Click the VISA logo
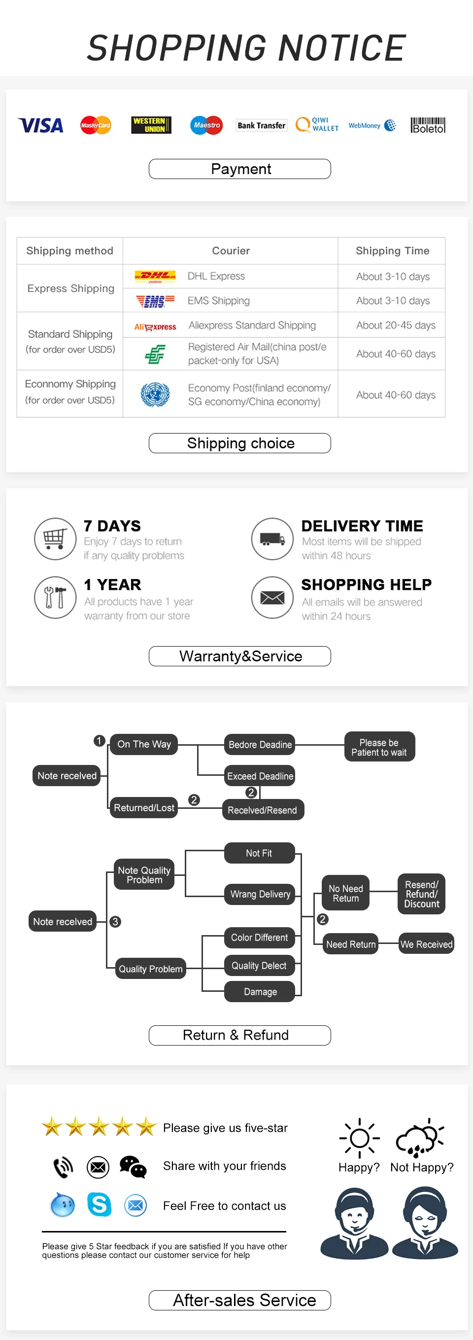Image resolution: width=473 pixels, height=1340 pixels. (x=40, y=125)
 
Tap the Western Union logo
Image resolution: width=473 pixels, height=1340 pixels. (x=151, y=125)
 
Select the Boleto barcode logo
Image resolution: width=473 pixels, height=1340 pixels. (x=428, y=125)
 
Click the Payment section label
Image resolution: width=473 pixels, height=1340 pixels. (x=239, y=169)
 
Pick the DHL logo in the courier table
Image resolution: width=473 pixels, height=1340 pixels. (x=154, y=276)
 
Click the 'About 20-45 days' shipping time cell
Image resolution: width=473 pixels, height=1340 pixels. (x=395, y=325)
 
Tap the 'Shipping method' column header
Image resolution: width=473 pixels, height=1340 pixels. (x=69, y=251)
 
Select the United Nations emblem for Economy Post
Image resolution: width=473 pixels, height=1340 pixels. (x=155, y=394)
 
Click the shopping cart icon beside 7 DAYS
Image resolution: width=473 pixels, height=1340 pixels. (x=55, y=539)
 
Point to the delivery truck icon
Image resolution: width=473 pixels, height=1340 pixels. (x=272, y=539)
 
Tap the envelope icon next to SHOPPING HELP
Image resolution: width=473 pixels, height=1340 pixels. (x=272, y=598)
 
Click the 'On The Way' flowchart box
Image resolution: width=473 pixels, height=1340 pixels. (x=144, y=744)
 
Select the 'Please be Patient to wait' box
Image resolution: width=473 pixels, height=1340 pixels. (x=379, y=747)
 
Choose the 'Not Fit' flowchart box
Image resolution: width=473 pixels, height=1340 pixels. (x=259, y=853)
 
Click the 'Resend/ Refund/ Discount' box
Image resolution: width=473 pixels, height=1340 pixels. (x=422, y=894)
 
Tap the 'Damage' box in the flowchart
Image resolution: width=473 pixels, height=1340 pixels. (x=260, y=991)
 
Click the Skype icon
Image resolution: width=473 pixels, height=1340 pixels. (x=99, y=1204)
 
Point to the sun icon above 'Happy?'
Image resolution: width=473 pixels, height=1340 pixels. (x=359, y=1138)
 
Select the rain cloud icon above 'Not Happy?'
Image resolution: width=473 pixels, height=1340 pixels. (x=420, y=1138)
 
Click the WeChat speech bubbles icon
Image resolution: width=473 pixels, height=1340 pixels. (x=133, y=1167)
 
